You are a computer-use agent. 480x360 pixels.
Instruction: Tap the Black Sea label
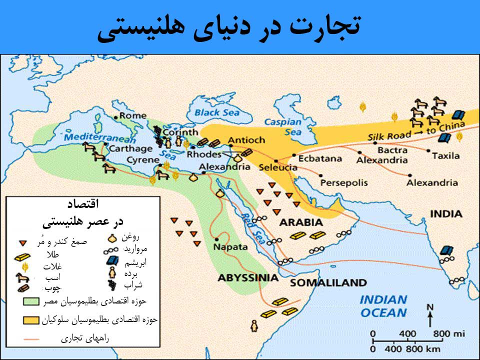[217, 112]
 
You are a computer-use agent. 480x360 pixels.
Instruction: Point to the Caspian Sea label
[283, 127]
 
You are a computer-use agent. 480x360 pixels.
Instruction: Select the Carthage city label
[130, 148]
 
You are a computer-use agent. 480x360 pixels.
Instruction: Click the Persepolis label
[343, 182]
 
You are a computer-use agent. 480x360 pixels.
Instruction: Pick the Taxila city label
[445, 155]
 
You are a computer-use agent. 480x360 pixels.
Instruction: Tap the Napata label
[230, 247]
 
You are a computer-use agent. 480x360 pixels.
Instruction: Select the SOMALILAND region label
[328, 283]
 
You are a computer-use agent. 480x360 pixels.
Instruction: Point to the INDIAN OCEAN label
[383, 306]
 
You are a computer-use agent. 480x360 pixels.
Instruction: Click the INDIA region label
[446, 214]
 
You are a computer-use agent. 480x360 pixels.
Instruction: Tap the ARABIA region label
[300, 222]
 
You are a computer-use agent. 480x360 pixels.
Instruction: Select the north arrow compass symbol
[429, 314]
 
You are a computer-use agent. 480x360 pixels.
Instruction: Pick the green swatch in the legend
[32, 302]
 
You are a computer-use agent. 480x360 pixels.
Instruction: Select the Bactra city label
[392, 150]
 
